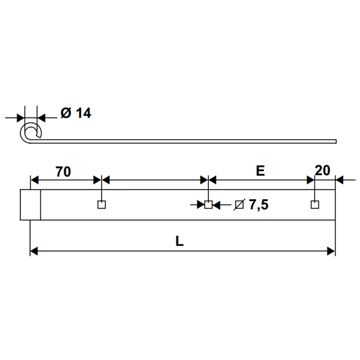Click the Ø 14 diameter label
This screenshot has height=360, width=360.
[76, 113]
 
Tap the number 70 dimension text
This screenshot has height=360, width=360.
[63, 171]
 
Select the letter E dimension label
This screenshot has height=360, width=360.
[260, 171]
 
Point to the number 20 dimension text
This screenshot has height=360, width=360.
[322, 171]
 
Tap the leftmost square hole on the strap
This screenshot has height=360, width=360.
[101, 205]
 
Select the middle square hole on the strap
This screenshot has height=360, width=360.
[208, 205]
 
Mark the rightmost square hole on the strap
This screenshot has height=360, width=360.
[314, 205]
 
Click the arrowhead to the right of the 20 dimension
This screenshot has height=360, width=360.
[340, 179]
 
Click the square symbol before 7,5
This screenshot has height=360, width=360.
[239, 205]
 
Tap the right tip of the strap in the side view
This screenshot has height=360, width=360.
[335, 142]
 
